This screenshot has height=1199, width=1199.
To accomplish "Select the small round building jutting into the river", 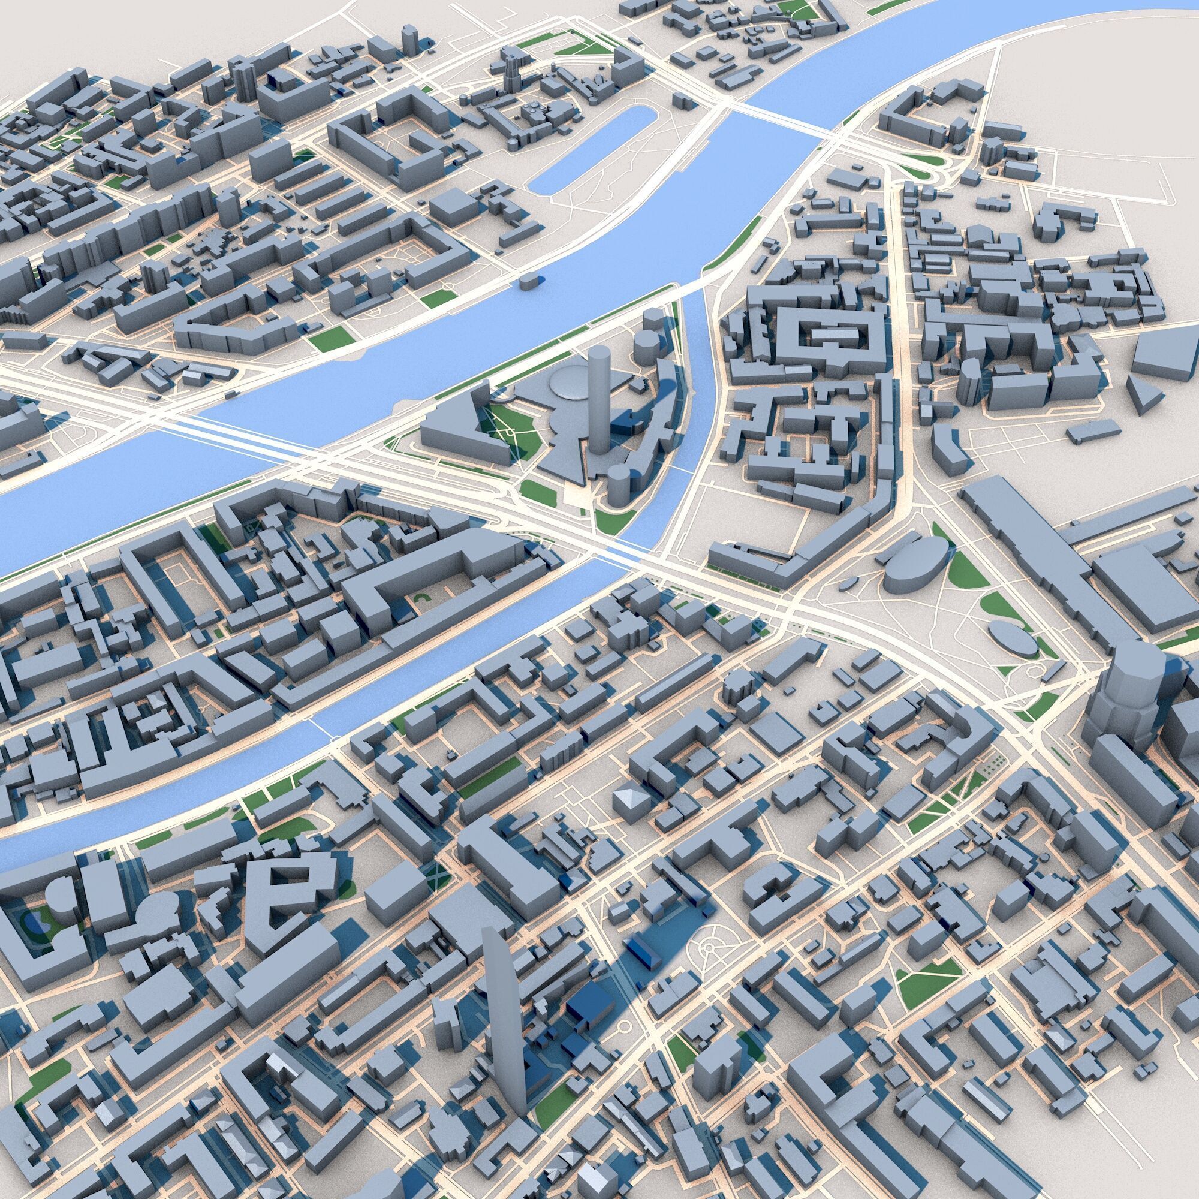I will click(x=528, y=283).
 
